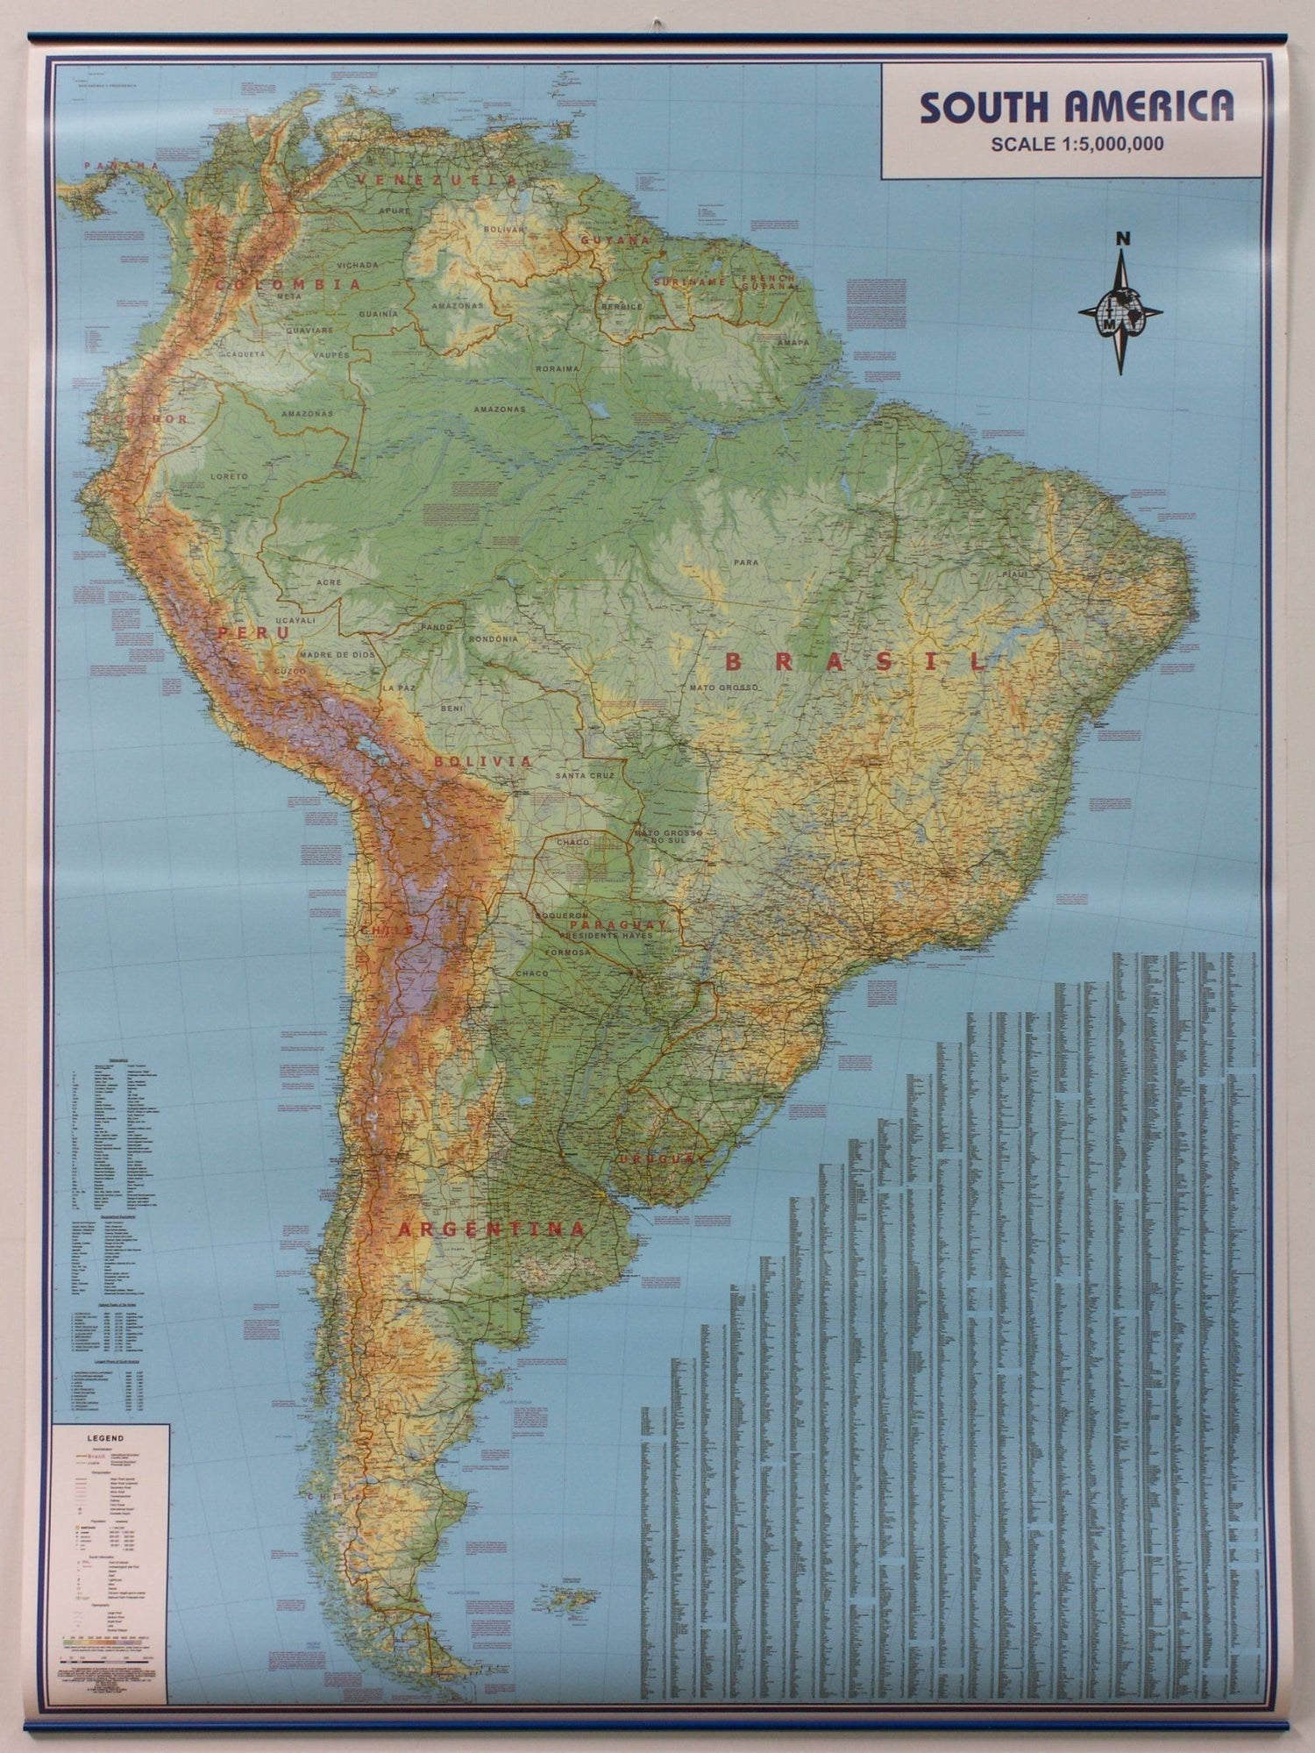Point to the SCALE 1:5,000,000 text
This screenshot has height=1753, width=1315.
click(x=1077, y=145)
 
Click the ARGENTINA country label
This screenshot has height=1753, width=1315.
click(x=491, y=1229)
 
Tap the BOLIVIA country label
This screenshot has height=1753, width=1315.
click(x=482, y=762)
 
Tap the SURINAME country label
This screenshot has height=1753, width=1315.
click(x=687, y=282)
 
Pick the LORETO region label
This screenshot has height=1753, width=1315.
click(x=229, y=476)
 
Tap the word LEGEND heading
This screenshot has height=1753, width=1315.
click(x=105, y=1439)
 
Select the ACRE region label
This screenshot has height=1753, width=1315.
click(x=331, y=582)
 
